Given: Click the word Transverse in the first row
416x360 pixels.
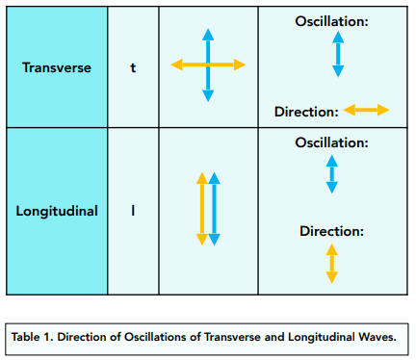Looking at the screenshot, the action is point(57,67).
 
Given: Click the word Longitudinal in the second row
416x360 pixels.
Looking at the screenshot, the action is point(57,211).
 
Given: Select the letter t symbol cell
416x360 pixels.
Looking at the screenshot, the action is point(133,67).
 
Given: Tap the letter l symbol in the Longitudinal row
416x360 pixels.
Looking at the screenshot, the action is point(133,211).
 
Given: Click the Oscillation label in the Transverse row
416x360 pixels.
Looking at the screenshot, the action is point(331,21).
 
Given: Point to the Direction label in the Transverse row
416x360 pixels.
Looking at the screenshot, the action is point(306,112).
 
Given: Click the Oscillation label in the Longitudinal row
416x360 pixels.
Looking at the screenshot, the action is point(331,142).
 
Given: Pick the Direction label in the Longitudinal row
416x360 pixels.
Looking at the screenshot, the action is point(331,231).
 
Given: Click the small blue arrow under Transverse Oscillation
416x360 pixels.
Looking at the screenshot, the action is point(338,54).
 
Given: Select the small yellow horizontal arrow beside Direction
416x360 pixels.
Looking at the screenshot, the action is point(366,110).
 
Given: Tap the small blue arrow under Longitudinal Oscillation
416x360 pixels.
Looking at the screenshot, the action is point(332,174).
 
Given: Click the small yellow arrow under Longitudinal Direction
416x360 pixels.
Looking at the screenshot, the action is point(332,264).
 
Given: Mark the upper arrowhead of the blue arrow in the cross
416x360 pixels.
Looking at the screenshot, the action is point(208,35).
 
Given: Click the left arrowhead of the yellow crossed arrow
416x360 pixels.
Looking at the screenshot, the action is point(177,64).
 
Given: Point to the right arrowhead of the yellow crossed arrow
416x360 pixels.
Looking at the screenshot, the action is point(240,64).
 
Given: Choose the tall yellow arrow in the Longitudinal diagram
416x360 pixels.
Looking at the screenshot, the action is point(202,209).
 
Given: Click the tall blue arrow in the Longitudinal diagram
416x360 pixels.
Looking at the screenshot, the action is point(214,209).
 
